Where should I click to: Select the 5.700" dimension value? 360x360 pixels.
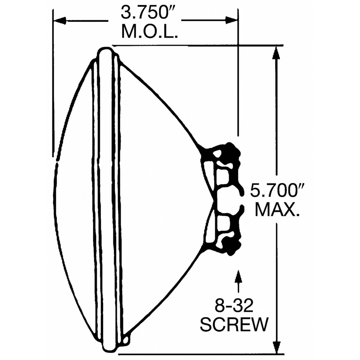276,191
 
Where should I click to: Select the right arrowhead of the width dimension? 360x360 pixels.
231,20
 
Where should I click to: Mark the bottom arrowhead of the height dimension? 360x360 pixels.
276,347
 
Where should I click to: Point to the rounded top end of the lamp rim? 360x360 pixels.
106,50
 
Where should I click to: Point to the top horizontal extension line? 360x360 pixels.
198,45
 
